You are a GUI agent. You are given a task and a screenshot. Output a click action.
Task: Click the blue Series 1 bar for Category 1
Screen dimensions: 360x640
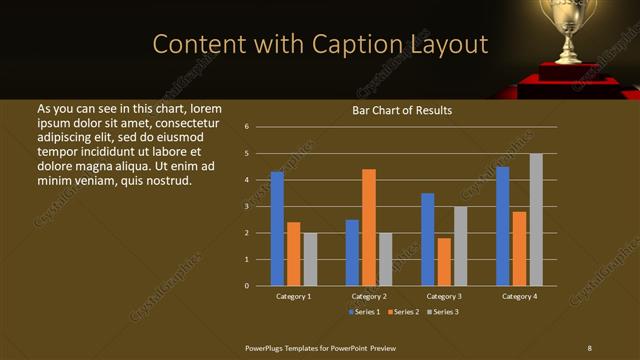(x=277, y=229)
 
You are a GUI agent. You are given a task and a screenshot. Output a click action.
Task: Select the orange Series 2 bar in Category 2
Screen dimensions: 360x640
(x=369, y=227)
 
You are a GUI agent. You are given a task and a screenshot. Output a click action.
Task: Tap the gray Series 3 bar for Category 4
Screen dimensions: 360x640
(x=536, y=220)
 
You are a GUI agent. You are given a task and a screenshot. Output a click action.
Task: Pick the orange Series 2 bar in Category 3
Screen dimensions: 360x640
(x=444, y=262)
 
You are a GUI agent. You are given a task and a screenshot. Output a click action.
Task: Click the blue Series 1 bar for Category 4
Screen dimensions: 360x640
(x=503, y=226)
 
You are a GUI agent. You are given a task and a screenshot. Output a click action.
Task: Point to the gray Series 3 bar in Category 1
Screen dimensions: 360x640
(x=310, y=259)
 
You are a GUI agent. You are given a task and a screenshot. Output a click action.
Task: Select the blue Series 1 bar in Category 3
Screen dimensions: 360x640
(x=428, y=239)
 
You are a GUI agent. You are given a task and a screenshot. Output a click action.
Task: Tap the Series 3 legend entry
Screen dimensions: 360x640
(x=442, y=312)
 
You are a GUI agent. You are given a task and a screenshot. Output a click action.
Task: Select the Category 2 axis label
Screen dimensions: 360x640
(x=369, y=296)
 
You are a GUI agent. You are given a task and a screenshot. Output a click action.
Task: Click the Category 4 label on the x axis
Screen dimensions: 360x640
(x=519, y=296)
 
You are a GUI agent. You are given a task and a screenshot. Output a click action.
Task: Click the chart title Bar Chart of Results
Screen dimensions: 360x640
(x=403, y=110)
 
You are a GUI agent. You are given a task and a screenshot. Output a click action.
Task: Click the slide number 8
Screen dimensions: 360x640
(x=589, y=347)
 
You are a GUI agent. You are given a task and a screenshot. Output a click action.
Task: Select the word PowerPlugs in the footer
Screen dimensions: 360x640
(x=267, y=347)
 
